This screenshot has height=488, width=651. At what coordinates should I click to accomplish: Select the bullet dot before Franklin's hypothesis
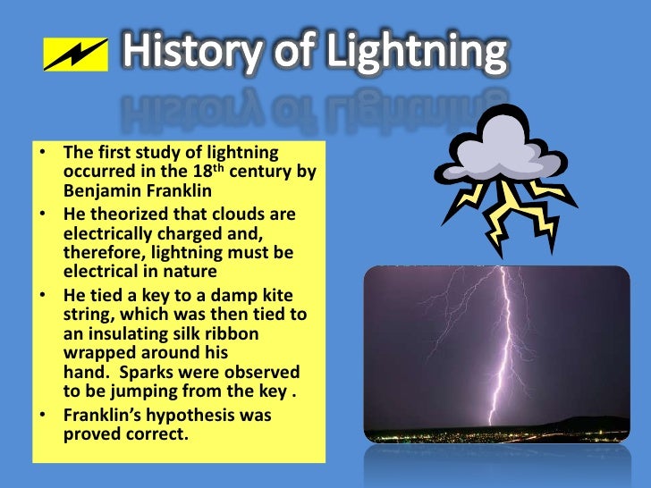(x=43, y=416)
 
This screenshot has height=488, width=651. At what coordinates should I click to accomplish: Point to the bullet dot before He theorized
(x=43, y=216)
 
